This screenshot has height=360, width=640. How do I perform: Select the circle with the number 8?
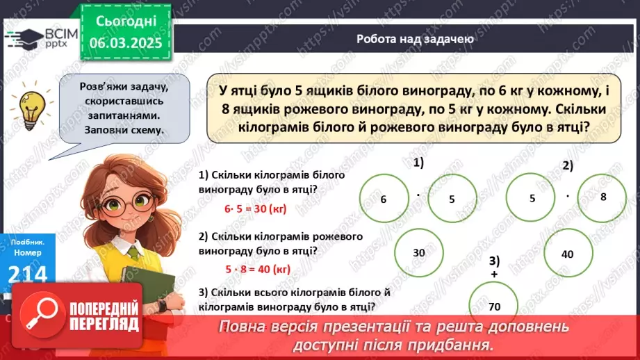[603, 197]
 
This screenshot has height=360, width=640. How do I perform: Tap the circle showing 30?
[419, 253]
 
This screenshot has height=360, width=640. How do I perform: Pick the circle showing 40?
[567, 254]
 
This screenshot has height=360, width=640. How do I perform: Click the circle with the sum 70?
[494, 306]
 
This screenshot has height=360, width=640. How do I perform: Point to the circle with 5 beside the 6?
[452, 199]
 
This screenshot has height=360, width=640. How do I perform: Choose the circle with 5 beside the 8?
[532, 197]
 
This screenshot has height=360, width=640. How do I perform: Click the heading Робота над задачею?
[416, 39]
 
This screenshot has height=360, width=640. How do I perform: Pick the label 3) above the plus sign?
[494, 261]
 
